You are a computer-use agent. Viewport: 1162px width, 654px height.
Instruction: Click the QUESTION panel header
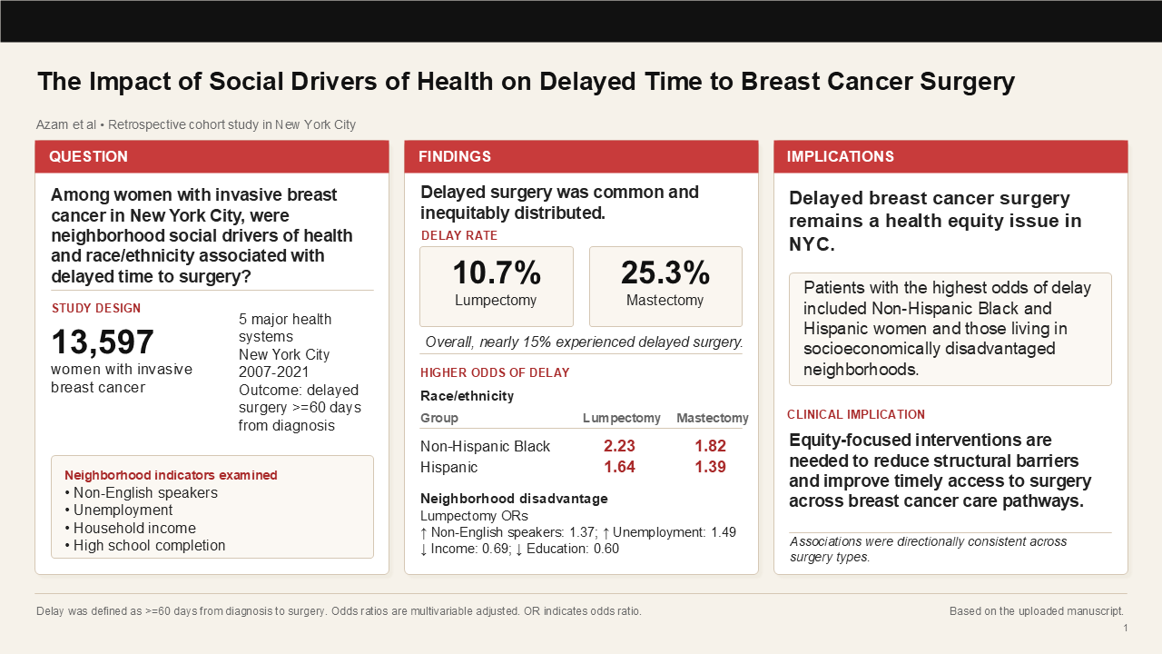coord(88,156)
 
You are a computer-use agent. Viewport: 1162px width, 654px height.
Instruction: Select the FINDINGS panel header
coord(454,156)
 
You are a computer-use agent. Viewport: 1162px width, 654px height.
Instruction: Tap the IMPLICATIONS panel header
coord(840,156)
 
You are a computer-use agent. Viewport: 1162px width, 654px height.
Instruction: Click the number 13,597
coord(103,342)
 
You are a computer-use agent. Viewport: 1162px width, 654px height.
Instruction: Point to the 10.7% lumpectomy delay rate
coord(496,272)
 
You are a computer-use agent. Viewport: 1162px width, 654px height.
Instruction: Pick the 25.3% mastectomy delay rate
coord(665,272)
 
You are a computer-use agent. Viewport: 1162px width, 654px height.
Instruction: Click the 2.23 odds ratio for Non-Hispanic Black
coord(619,446)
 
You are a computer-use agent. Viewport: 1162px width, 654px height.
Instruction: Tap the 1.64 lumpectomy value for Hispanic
coord(619,467)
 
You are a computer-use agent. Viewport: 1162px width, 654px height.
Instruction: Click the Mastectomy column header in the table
coord(712,418)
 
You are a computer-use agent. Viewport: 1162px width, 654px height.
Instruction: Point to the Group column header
coord(439,418)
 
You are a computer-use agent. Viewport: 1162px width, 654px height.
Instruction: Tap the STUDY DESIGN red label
coord(96,308)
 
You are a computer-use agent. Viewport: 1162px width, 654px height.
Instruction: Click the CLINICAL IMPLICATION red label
coord(855,414)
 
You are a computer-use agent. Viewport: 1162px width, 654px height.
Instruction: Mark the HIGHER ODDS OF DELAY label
coord(495,372)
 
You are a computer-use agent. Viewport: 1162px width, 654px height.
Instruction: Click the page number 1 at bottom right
coord(1126,628)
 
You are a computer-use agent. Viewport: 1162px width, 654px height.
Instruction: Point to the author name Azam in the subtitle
coord(53,124)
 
